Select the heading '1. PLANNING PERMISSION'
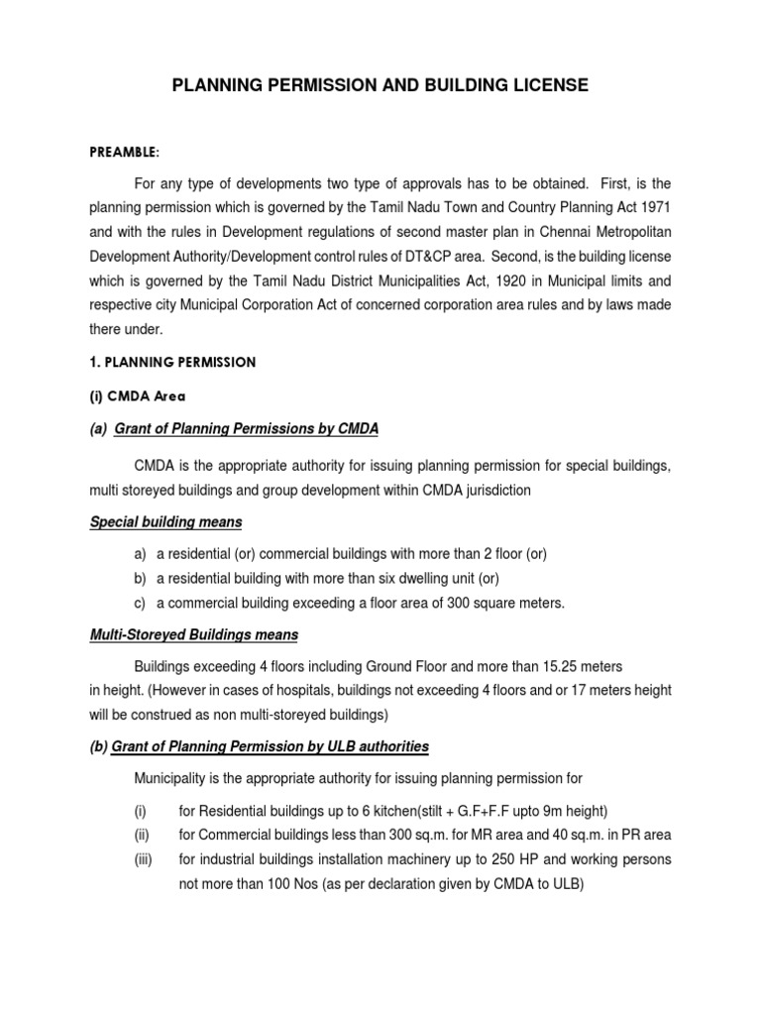[x=173, y=363]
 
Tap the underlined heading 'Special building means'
[x=165, y=521]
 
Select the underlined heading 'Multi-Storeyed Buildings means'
[x=194, y=634]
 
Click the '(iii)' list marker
[x=145, y=860]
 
